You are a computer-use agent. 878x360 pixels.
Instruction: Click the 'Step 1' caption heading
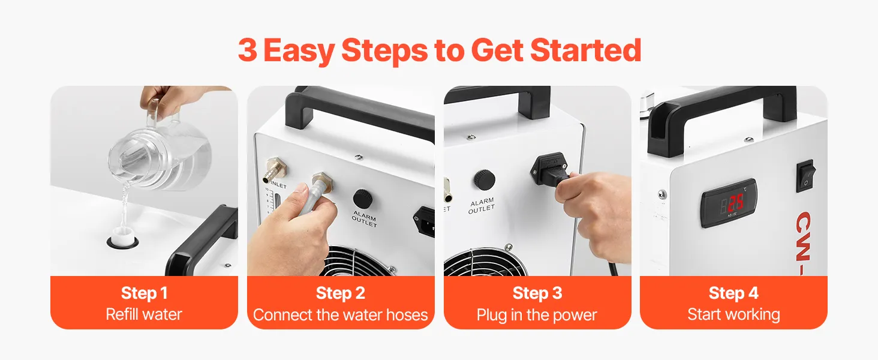click(x=145, y=293)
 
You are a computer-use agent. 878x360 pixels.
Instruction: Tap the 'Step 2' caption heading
click(x=341, y=293)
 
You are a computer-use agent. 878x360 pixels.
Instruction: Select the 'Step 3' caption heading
click(x=537, y=293)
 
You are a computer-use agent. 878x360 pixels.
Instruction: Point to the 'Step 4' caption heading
click(x=733, y=293)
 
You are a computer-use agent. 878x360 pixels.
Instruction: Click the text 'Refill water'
click(x=144, y=314)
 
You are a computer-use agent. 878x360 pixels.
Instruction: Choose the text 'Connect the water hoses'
click(x=340, y=314)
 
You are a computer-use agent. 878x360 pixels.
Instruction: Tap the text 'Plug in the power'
click(x=537, y=315)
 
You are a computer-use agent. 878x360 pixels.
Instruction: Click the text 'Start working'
click(x=733, y=314)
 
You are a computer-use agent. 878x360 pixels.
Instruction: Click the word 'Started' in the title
click(x=585, y=50)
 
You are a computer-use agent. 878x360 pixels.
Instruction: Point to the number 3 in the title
click(x=248, y=50)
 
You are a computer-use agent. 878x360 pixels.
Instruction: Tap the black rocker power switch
click(x=806, y=175)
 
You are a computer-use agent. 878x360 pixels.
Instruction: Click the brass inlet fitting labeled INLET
click(x=275, y=169)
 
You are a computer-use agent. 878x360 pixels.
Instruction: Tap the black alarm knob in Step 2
click(x=363, y=199)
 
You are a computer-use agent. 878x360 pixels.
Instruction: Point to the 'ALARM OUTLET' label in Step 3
click(x=482, y=206)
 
